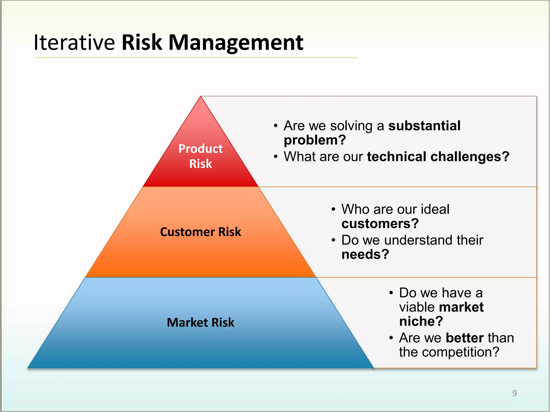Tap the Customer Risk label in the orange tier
tap(200, 232)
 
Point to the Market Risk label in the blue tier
tap(200, 322)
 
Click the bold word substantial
tap(424, 126)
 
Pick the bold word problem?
tap(315, 140)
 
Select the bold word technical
tap(396, 157)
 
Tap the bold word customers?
tap(380, 224)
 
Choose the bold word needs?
tap(365, 254)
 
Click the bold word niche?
tap(421, 321)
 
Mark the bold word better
tap(465, 338)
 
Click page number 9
tap(514, 393)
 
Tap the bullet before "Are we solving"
tap(276, 126)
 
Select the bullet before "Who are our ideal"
tap(333, 209)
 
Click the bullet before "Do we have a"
tap(391, 293)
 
